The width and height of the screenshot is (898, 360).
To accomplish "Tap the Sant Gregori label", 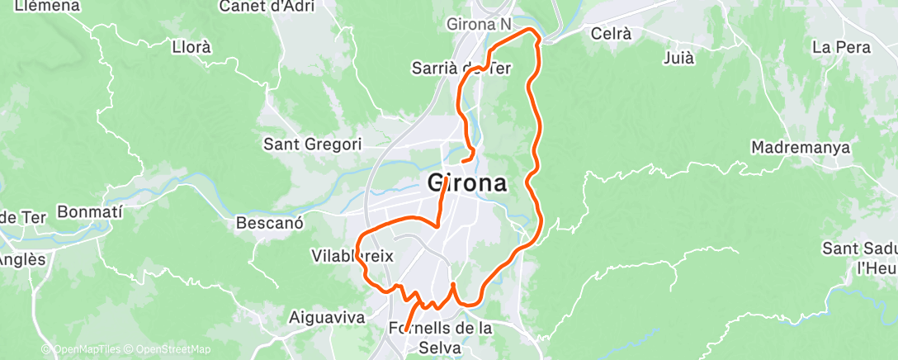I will pos(312,144).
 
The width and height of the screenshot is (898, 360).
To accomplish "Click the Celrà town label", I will pos(612,34).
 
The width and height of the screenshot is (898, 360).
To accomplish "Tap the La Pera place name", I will pos(841,47).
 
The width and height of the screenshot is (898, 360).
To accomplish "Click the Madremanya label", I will pos(801,148).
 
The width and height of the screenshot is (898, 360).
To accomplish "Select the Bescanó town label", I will pos(270,223).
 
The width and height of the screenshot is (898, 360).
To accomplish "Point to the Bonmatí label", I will pos(90,212).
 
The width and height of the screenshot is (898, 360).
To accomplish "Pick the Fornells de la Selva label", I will pos(440,338).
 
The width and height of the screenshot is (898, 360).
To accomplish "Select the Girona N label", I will pos(478,25).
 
